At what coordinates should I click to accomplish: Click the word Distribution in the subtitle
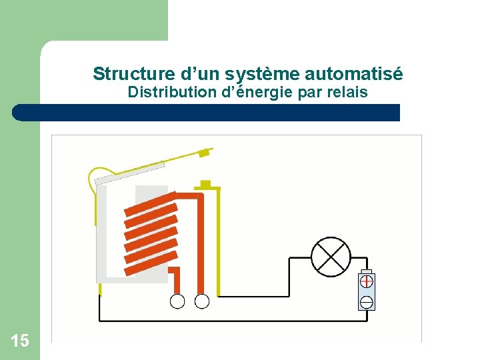pos(171,92)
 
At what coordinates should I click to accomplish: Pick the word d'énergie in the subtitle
pos(257,92)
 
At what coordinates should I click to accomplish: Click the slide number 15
pos(20,341)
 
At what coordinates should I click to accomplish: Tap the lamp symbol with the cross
pos(331,257)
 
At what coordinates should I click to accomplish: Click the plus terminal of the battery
pos(366,282)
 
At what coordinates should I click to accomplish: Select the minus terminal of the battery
pos(366,302)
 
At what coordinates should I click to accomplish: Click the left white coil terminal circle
pos(177,301)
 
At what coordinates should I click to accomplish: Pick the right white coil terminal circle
pos(201,301)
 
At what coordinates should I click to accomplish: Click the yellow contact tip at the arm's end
pos(205,153)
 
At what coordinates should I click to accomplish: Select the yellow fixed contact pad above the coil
pos(205,183)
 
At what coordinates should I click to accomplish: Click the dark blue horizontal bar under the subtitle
pos(207,113)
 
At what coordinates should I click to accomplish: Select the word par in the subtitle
pos(309,92)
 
